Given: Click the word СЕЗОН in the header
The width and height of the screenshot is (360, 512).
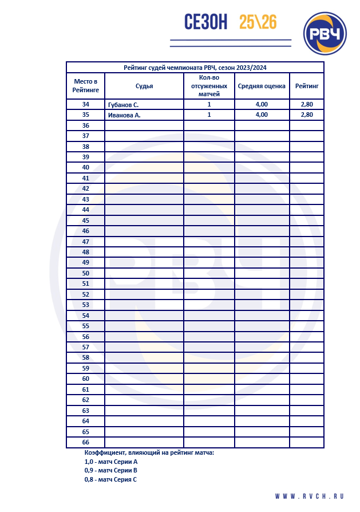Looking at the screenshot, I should click(x=205, y=22).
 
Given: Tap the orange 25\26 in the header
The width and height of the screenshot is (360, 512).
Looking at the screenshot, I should click(x=258, y=22).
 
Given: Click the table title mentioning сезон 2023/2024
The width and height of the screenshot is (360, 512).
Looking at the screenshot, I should click(x=195, y=68).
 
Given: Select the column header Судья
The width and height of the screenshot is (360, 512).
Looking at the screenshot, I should click(x=144, y=86).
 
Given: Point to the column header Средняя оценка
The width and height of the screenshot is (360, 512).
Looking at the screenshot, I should click(x=262, y=86).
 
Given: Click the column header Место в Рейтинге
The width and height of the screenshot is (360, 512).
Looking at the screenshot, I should click(x=85, y=86).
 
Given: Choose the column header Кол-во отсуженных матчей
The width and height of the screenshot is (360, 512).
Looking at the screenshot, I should click(x=209, y=86).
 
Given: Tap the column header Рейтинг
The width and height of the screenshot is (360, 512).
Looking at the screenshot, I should click(x=307, y=86).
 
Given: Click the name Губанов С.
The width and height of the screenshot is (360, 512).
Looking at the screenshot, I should click(x=123, y=105).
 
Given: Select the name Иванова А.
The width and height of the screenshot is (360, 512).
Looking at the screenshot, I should click(x=124, y=115).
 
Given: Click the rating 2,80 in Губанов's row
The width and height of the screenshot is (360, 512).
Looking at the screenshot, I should click(x=307, y=105).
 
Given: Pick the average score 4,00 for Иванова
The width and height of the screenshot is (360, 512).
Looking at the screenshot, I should click(x=262, y=115).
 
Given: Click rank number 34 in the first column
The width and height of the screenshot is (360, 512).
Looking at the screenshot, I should click(x=86, y=105).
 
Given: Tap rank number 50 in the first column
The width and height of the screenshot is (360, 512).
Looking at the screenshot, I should click(x=86, y=273).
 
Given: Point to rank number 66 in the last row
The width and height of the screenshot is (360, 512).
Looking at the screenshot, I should click(x=86, y=442).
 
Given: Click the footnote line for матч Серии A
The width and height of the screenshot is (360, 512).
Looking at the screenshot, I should click(x=111, y=461).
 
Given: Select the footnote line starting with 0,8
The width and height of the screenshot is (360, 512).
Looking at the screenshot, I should click(x=110, y=479).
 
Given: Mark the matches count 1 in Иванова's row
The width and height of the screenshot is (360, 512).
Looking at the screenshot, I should click(x=209, y=115).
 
